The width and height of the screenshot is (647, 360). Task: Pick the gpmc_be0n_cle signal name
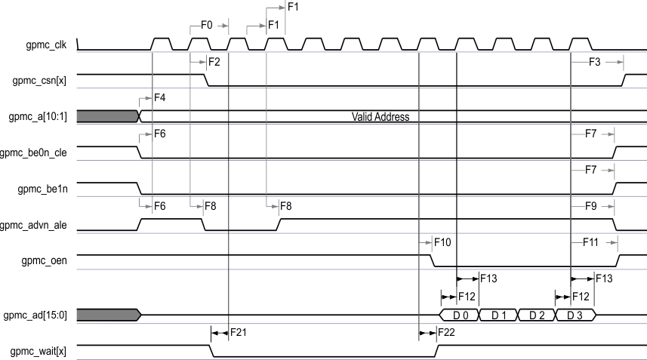pyautogui.click(x=38, y=152)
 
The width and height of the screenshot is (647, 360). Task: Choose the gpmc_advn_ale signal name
pyautogui.click(x=38, y=225)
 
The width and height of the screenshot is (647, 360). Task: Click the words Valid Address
pyautogui.click(x=380, y=117)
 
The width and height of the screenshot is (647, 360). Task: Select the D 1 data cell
pyautogui.click(x=498, y=315)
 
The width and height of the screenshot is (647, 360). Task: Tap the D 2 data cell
pyautogui.click(x=536, y=315)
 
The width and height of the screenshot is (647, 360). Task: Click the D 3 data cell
pyautogui.click(x=575, y=315)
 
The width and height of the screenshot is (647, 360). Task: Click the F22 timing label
pyautogui.click(x=446, y=332)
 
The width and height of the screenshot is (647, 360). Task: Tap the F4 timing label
pyautogui.click(x=159, y=98)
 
